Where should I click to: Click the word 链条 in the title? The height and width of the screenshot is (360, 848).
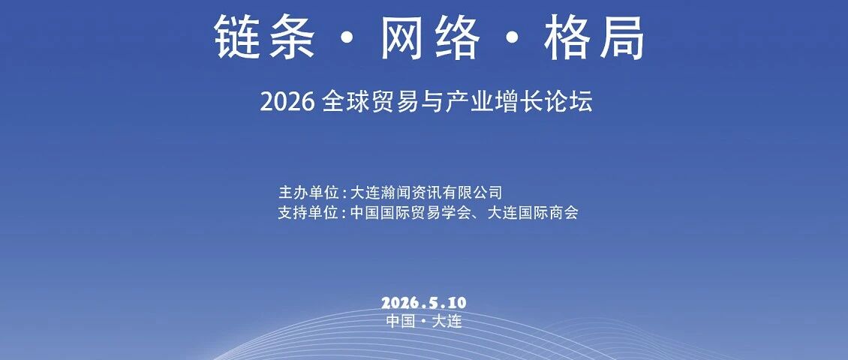(264, 37)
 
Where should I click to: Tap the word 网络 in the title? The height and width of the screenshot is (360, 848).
(431, 37)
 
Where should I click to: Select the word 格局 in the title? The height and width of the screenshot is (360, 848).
(595, 37)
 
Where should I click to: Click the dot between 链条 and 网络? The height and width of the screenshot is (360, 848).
(347, 37)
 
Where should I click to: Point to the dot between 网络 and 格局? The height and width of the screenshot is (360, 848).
(513, 37)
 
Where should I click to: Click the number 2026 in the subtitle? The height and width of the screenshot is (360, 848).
(287, 103)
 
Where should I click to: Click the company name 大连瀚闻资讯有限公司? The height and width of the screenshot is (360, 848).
(427, 192)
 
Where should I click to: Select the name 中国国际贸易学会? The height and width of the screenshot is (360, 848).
(411, 212)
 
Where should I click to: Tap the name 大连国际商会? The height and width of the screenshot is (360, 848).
(533, 212)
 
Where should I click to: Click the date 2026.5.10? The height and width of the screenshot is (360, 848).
(423, 303)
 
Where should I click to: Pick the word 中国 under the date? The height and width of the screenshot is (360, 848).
(401, 321)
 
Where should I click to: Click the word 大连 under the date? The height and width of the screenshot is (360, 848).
(447, 321)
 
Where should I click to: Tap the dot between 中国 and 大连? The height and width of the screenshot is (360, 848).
(424, 322)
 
